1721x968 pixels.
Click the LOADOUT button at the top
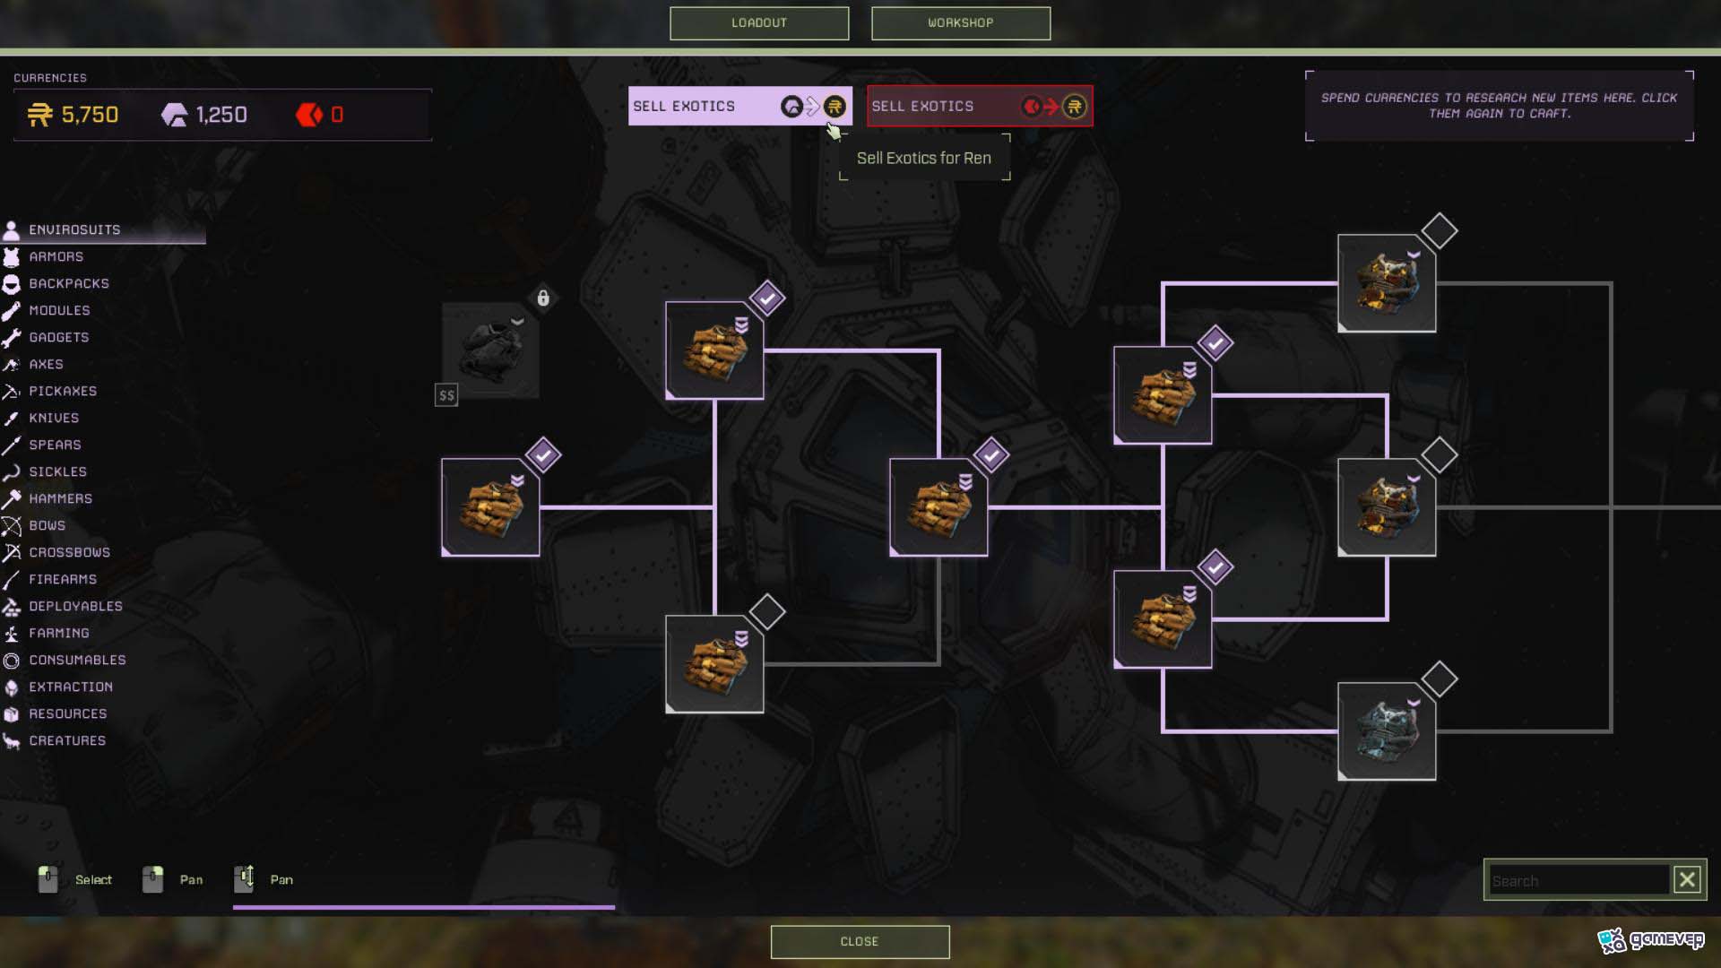click(759, 23)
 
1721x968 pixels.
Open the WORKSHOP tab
click(961, 23)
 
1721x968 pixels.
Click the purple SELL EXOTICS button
click(739, 107)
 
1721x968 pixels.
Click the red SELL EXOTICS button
click(980, 107)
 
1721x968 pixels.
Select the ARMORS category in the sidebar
click(56, 257)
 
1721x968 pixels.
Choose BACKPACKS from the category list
click(69, 284)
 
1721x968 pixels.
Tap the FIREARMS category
click(63, 580)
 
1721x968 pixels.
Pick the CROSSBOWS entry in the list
click(69, 553)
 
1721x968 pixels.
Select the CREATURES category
click(67, 741)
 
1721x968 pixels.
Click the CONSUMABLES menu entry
click(77, 661)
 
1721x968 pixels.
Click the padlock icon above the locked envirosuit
click(543, 298)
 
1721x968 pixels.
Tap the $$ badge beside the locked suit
click(446, 395)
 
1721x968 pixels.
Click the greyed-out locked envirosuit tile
click(490, 350)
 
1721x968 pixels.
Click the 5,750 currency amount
click(90, 115)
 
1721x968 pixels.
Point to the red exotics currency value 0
click(337, 115)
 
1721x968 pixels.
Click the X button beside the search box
click(1687, 880)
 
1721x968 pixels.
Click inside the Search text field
click(1579, 881)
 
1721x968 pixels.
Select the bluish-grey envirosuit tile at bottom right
click(1387, 731)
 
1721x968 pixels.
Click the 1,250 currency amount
click(221, 115)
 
